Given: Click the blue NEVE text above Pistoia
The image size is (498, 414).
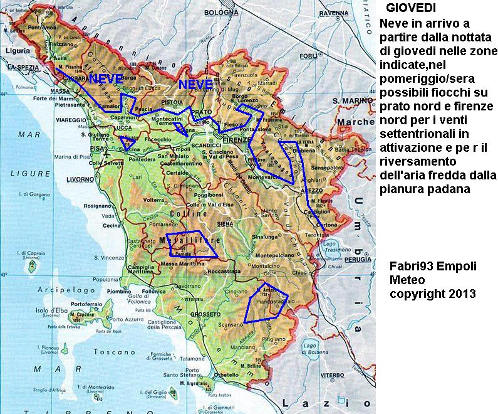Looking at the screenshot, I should [x=195, y=84].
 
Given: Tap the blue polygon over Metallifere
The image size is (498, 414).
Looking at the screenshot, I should [x=192, y=247].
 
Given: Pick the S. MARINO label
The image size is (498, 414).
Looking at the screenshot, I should [x=354, y=100].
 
